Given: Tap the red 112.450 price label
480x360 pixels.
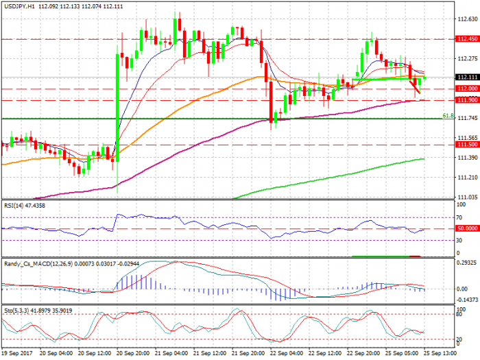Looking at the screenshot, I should (467, 40).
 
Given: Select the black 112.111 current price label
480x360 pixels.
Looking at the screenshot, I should (467, 77).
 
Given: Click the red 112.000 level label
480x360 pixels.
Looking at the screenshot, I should (467, 89).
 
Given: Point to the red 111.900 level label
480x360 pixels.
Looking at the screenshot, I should (467, 100).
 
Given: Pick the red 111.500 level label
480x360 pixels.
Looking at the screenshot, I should (467, 145).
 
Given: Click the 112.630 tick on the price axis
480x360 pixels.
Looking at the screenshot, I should (467, 19).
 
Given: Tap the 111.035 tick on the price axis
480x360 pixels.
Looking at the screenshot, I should (467, 197).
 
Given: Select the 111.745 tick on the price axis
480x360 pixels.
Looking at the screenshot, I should (467, 119).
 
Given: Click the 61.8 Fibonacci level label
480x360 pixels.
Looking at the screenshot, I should (448, 115).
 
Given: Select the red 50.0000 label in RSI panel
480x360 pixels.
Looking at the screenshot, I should (467, 228).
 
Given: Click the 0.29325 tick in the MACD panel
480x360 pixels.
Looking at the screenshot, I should (467, 263).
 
